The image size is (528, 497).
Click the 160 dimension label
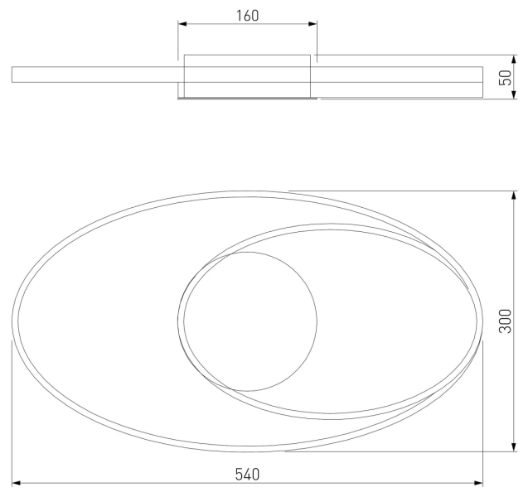click(247, 16)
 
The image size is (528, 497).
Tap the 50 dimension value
click(505, 78)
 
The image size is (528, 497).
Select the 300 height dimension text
click(505, 321)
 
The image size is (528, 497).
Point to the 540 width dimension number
click(247, 474)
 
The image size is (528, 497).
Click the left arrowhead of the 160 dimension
click(182, 24)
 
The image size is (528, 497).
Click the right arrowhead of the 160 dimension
click(312, 24)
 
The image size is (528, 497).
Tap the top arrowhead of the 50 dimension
click(514, 59)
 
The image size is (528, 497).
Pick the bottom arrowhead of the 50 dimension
click(514, 94)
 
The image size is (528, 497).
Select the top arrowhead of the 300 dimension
click(514, 195)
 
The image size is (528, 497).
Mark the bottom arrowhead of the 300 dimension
click(514, 446)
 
